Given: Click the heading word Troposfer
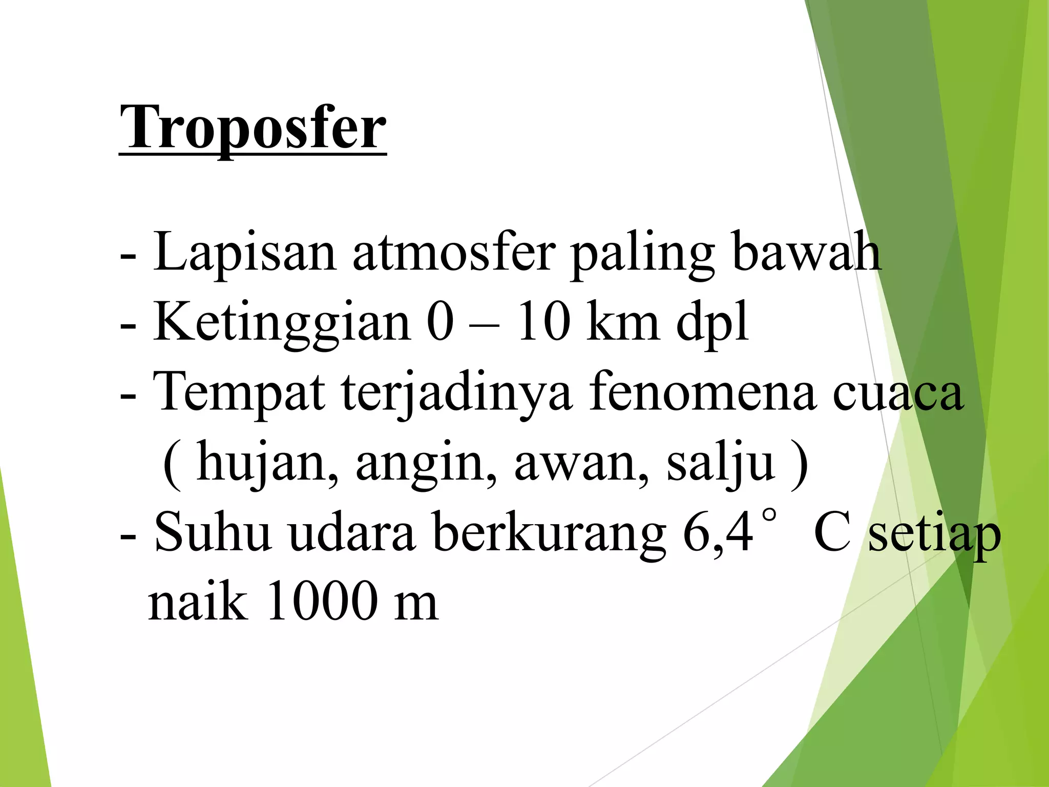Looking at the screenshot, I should (x=253, y=127).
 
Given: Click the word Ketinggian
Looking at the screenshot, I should (x=282, y=323).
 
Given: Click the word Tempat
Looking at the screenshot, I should (x=240, y=392).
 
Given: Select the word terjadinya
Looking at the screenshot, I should (x=456, y=393).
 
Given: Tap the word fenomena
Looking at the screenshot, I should (x=702, y=392).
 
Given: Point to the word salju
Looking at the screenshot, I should (x=720, y=463).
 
